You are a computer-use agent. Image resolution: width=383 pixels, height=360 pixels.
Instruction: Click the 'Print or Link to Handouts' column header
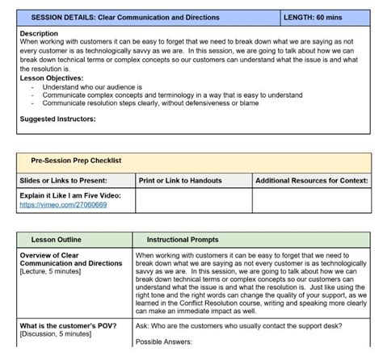tap(180, 181)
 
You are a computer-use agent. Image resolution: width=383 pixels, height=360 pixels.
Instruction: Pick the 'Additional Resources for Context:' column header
tap(312, 181)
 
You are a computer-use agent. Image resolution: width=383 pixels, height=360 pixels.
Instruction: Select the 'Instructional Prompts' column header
tap(183, 240)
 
